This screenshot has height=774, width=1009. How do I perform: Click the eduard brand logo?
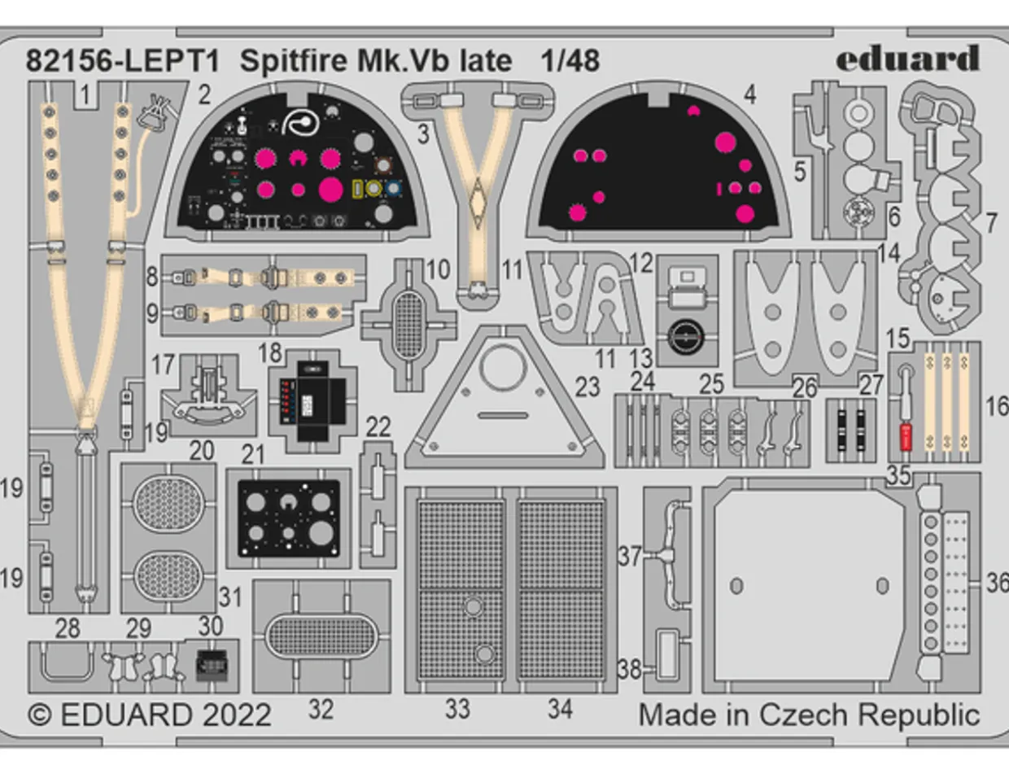pyautogui.click(x=907, y=59)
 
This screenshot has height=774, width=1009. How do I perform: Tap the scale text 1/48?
pyautogui.click(x=570, y=61)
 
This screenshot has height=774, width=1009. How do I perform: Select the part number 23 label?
pyautogui.click(x=587, y=387)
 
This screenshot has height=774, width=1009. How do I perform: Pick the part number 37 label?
pyautogui.click(x=629, y=557)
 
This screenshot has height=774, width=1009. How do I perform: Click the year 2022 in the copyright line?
pyautogui.click(x=233, y=715)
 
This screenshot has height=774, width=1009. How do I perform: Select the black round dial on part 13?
pyautogui.click(x=688, y=334)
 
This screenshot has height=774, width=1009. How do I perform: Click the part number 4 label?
pyautogui.click(x=749, y=94)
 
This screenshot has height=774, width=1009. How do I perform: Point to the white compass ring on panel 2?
pyautogui.click(x=300, y=122)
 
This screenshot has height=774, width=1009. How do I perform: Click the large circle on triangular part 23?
pyautogui.click(x=503, y=369)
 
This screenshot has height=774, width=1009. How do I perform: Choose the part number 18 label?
pyautogui.click(x=269, y=352)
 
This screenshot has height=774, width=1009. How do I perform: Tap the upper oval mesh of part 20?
pyautogui.click(x=168, y=503)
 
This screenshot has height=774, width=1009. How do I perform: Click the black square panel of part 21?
pyautogui.click(x=288, y=518)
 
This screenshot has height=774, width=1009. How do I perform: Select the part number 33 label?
pyautogui.click(x=457, y=709)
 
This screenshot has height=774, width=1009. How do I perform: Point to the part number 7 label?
pyautogui.click(x=990, y=221)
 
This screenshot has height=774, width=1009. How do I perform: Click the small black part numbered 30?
pyautogui.click(x=212, y=667)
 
